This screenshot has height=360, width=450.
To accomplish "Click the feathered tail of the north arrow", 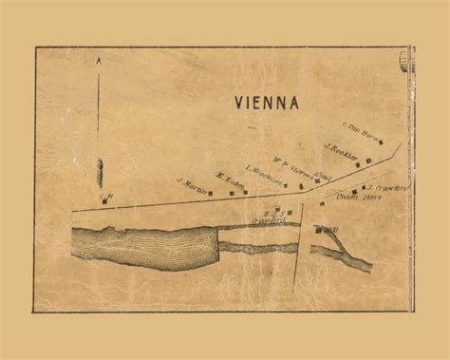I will tap(99, 173).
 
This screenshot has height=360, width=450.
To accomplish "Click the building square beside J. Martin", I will tap(210, 193).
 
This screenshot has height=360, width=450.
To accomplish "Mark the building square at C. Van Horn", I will tap(381, 142).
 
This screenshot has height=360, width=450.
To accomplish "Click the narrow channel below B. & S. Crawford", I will tap(256, 245).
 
